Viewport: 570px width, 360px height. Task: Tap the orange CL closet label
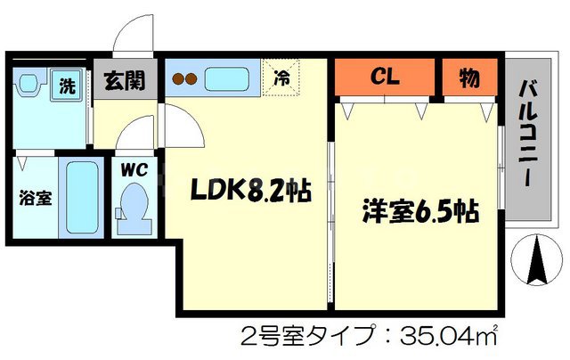pos(387,77)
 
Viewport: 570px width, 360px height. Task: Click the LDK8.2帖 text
pos(248,190)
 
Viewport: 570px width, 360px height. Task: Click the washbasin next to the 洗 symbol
pos(29,86)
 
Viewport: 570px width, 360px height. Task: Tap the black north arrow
pos(539,259)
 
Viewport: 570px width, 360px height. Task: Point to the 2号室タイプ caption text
pos(303,337)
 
